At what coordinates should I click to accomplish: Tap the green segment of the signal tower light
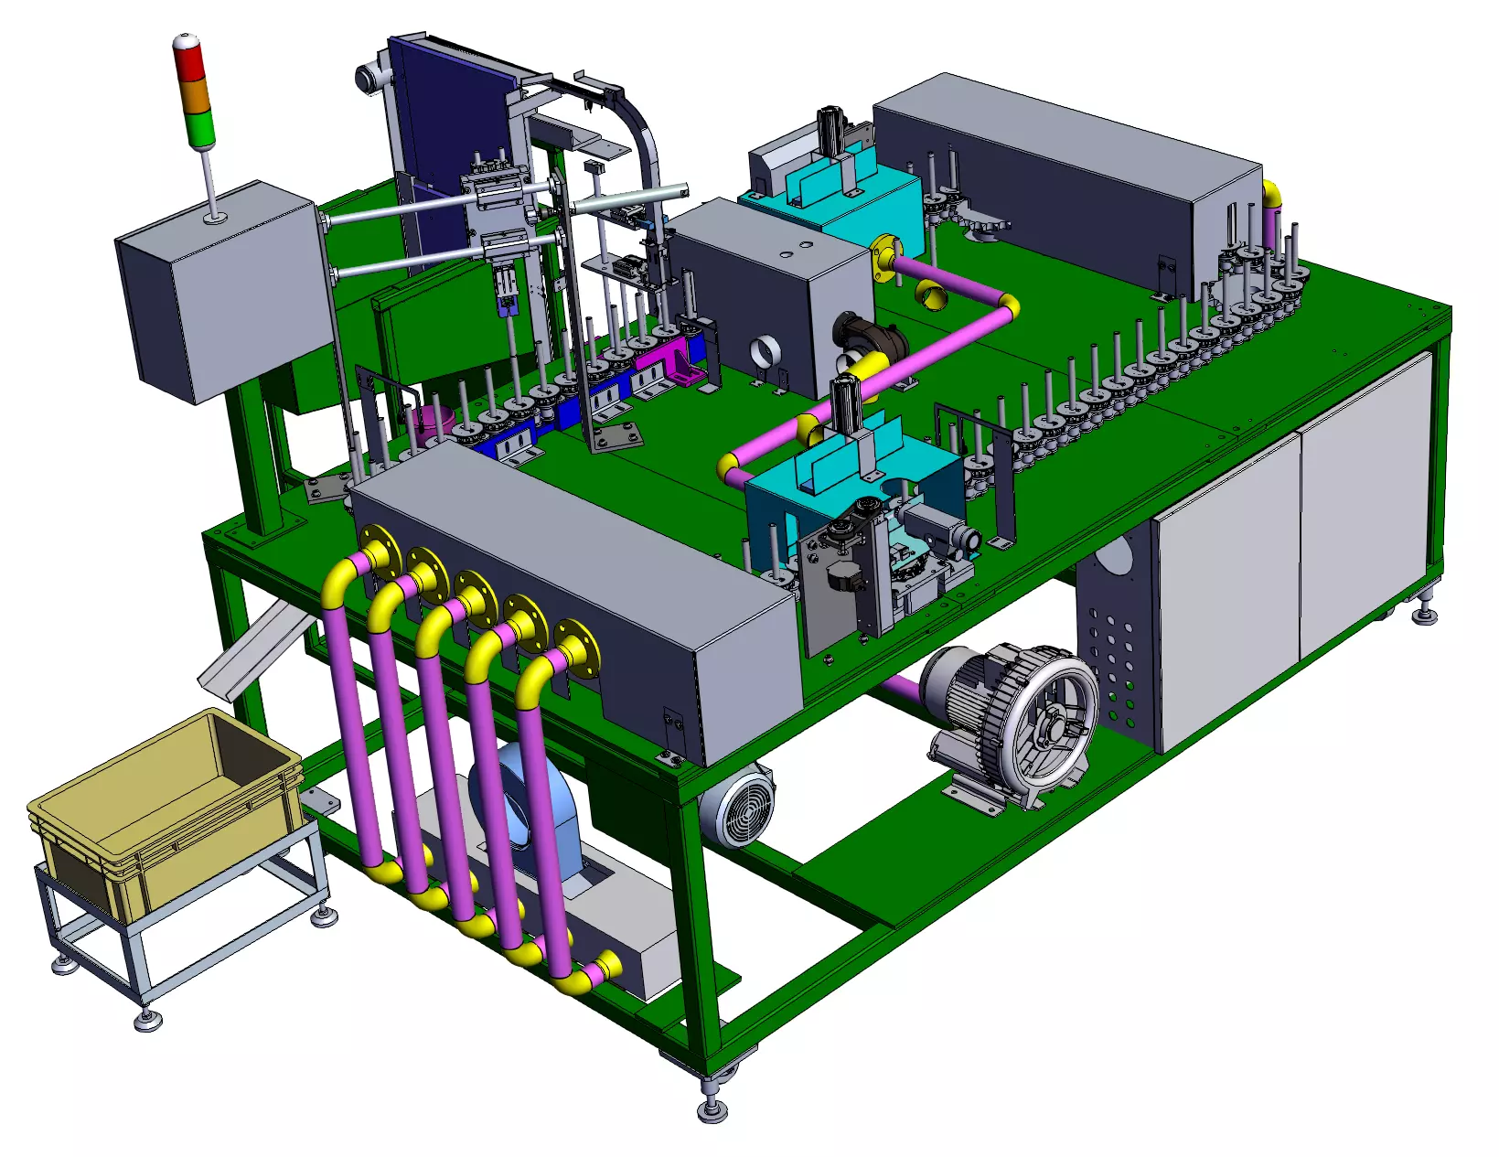point(198,126)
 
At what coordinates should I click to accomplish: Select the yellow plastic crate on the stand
point(165,813)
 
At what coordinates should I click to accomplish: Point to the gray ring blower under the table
point(1015,723)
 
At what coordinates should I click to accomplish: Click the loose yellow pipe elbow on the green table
point(931,295)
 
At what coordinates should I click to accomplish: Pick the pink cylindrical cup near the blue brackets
point(431,422)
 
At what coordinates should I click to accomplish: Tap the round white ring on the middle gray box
point(765,350)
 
